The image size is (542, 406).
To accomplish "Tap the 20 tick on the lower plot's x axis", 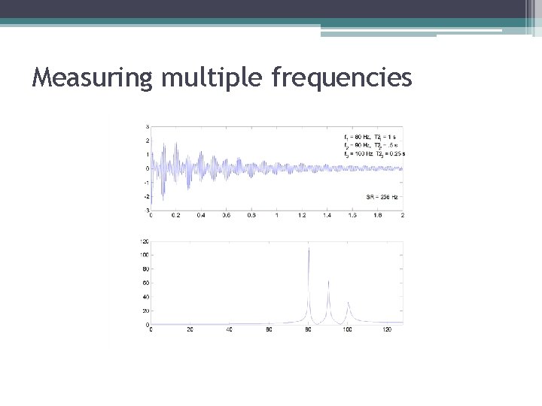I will click(190, 329).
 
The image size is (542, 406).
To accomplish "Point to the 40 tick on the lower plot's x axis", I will click(230, 329).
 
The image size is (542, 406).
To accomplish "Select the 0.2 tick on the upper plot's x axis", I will click(175, 215).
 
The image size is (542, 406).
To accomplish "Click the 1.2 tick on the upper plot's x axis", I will click(302, 215).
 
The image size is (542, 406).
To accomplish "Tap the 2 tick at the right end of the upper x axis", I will click(403, 215).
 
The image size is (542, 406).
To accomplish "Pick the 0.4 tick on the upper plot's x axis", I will click(201, 215).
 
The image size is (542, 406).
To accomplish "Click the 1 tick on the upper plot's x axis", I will click(277, 215).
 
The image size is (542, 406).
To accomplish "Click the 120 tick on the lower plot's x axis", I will click(387, 329).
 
